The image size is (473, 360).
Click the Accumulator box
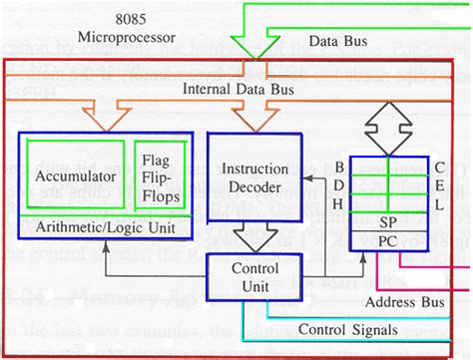click(76, 177)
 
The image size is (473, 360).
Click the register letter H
click(341, 202)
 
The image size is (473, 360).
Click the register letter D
click(341, 183)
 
